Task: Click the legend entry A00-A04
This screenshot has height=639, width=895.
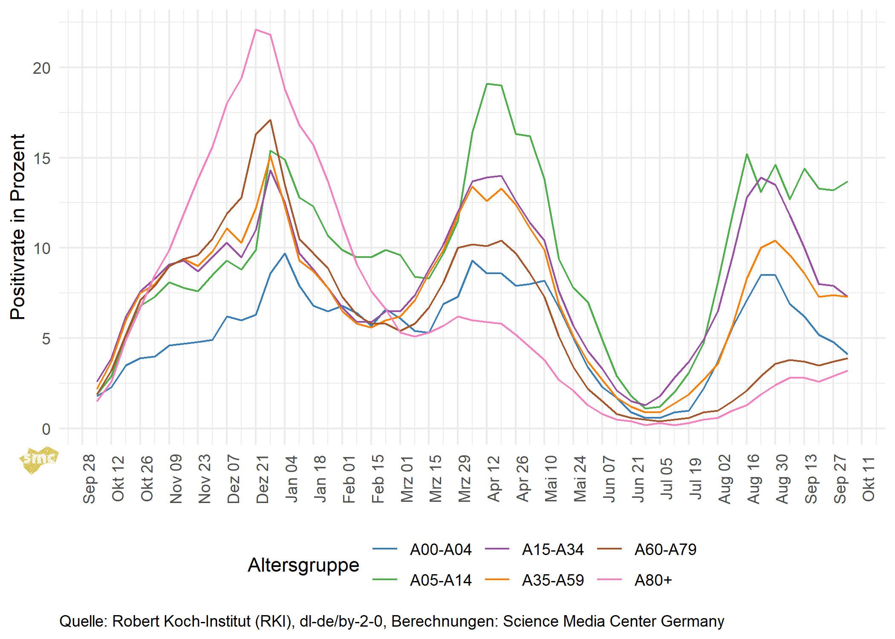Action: pos(440,550)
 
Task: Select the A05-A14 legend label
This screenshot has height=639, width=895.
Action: pos(440,580)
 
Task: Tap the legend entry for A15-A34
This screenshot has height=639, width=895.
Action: pos(552,550)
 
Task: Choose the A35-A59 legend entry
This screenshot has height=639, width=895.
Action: pos(552,580)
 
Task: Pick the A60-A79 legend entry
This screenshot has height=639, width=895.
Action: pos(665,550)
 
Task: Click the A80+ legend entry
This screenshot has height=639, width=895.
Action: pos(653,580)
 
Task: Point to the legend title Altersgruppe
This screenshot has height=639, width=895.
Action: pos(303,565)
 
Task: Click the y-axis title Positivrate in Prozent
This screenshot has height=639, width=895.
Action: pos(18,227)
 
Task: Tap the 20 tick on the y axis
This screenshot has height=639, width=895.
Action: pos(42,68)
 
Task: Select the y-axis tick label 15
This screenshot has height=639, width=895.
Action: pos(42,158)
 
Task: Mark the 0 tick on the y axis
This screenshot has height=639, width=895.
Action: pos(46,429)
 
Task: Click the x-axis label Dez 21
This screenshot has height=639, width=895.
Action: pos(263,479)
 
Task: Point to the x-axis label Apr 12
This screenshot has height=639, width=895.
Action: pos(494,479)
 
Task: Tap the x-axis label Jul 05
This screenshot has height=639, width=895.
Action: pos(667,479)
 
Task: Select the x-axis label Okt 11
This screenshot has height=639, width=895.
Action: pos(869,479)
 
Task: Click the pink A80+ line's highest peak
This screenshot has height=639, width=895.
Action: pos(256,30)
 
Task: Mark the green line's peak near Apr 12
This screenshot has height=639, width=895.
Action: pos(487,84)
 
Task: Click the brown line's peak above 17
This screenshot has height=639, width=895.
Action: pos(270,120)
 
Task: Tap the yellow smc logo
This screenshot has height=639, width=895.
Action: pos(38,460)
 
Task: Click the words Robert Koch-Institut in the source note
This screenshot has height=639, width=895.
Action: pos(181,622)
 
